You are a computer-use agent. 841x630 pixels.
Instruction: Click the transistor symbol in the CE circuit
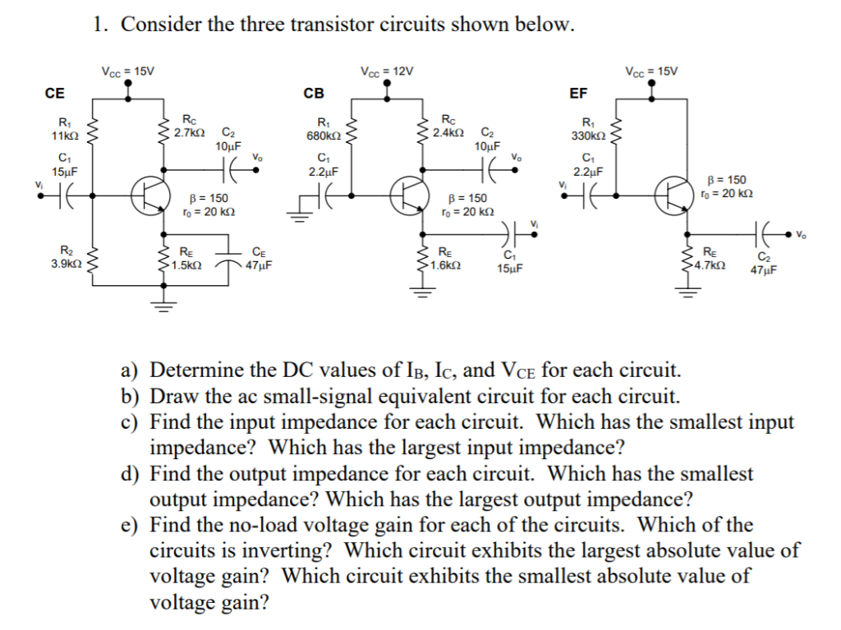coord(147,195)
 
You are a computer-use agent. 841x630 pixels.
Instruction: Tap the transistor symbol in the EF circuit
coord(669,195)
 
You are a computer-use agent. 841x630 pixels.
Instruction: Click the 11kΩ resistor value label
coord(64,134)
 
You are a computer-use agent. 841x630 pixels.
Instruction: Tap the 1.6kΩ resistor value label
coord(448,265)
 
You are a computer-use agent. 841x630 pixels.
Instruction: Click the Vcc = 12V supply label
coord(387,71)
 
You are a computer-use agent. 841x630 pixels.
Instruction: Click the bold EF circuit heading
coord(578,93)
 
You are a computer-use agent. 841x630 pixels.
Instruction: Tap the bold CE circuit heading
coord(54,93)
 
